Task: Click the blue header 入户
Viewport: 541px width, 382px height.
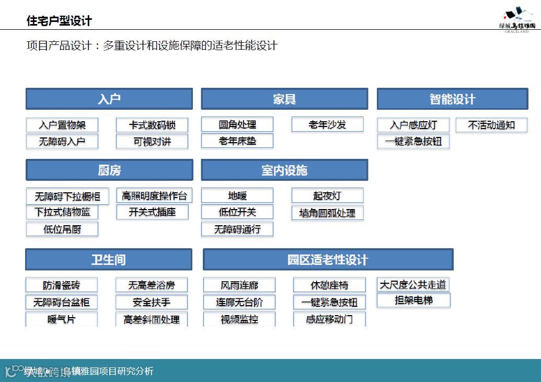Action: (109, 99)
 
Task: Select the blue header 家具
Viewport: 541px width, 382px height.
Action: (284, 99)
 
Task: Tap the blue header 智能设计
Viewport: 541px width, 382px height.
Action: (452, 99)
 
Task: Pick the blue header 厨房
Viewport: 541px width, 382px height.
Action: (109, 170)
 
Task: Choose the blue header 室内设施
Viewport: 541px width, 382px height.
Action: (284, 170)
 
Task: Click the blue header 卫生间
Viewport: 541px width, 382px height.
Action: (109, 259)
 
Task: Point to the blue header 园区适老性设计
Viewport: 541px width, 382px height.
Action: (328, 259)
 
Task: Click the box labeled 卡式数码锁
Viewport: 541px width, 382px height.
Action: (152, 125)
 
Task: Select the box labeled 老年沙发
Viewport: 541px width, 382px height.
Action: (327, 124)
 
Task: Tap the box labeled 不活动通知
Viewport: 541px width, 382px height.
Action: (491, 125)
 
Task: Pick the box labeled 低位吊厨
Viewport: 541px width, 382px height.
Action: (62, 229)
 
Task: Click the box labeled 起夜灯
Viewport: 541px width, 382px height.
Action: (327, 195)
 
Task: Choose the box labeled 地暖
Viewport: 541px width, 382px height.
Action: (237, 195)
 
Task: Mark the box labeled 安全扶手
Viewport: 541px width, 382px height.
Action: (152, 302)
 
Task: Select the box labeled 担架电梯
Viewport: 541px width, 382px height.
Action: (413, 300)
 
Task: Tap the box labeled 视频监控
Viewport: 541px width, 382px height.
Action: (239, 319)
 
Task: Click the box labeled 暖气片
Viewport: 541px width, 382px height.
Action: (62, 319)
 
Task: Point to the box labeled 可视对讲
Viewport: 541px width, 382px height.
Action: (152, 141)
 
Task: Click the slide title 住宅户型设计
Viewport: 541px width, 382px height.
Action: (59, 21)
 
